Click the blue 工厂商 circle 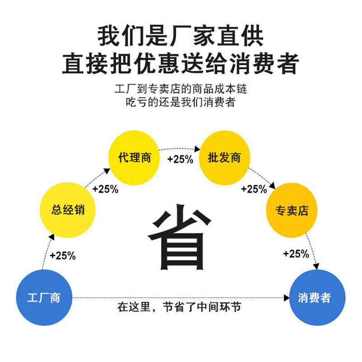tap(44, 298)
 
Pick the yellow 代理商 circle tap(134, 158)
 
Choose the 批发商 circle tap(224, 158)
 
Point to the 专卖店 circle tap(291, 210)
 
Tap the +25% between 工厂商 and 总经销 tap(62, 256)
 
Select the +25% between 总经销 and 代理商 tap(105, 189)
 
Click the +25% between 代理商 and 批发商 tap(180, 159)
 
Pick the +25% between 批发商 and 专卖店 tap(254, 189)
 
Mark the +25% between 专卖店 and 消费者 tap(296, 254)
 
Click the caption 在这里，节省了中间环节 tap(179, 308)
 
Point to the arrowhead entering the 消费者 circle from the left tap(286, 298)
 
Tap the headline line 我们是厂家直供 tap(181, 36)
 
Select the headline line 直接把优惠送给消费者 tap(181, 63)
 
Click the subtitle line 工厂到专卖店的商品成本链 tap(181, 89)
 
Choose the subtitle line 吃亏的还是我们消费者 tap(181, 102)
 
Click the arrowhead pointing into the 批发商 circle tap(197, 148)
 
